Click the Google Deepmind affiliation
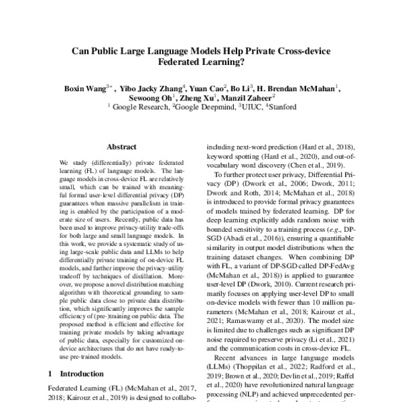(x=202, y=107)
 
